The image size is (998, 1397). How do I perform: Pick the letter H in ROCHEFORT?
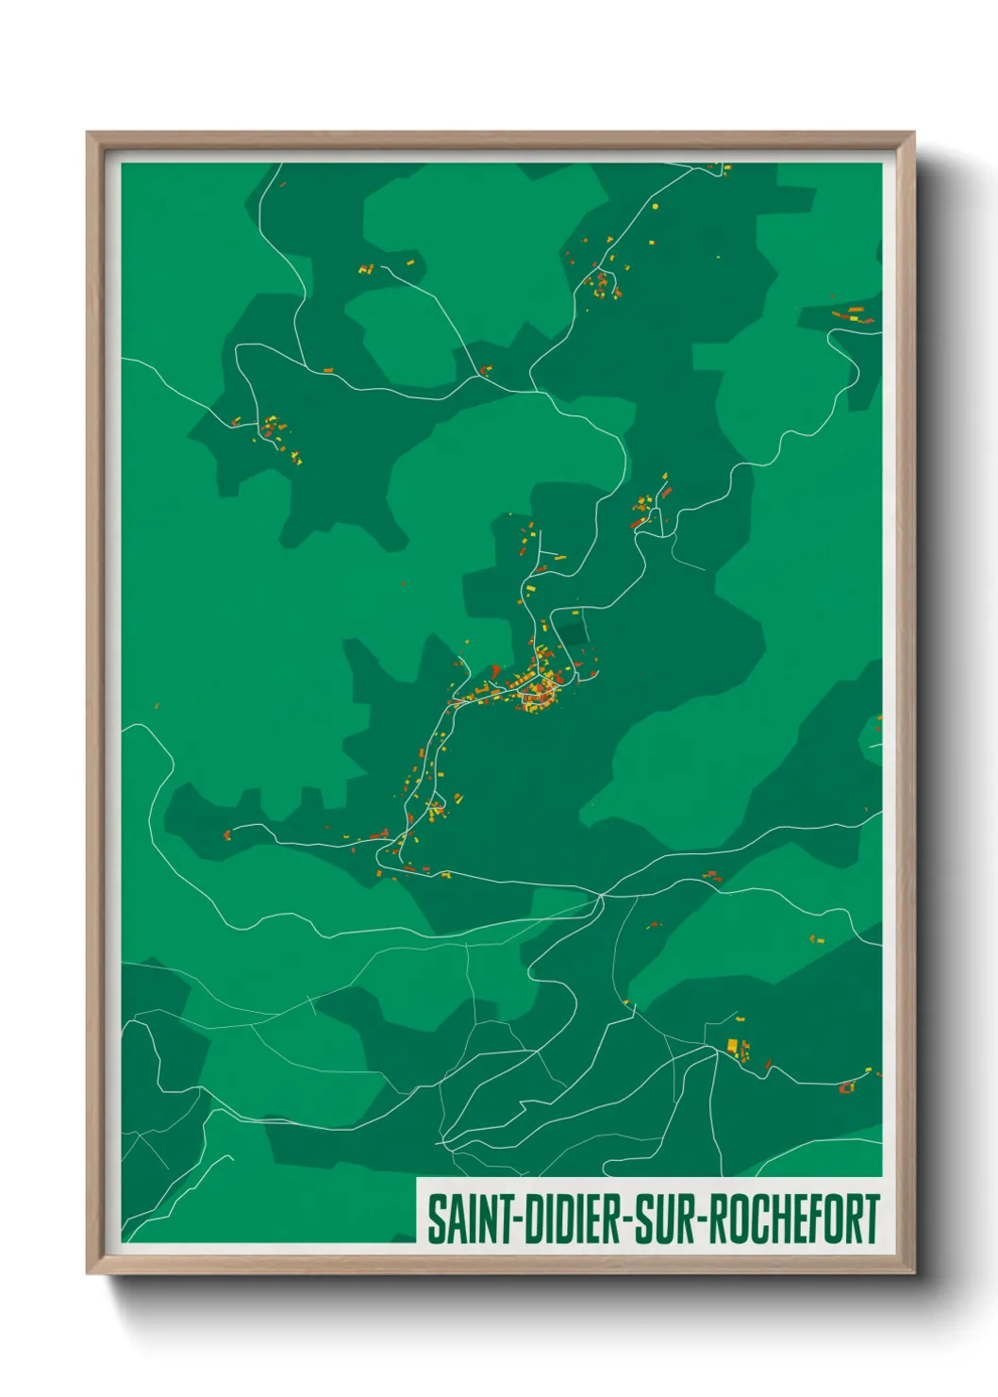pos(772,1220)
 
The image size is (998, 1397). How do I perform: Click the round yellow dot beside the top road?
pos(655,205)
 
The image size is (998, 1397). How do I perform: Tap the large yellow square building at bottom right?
pos(732,1044)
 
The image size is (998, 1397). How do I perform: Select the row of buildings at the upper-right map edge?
pos(852,315)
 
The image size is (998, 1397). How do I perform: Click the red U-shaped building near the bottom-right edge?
pos(846,1087)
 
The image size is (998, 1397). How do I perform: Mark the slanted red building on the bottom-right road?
pos(768,1065)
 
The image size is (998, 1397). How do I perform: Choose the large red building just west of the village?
pos(496,671)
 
